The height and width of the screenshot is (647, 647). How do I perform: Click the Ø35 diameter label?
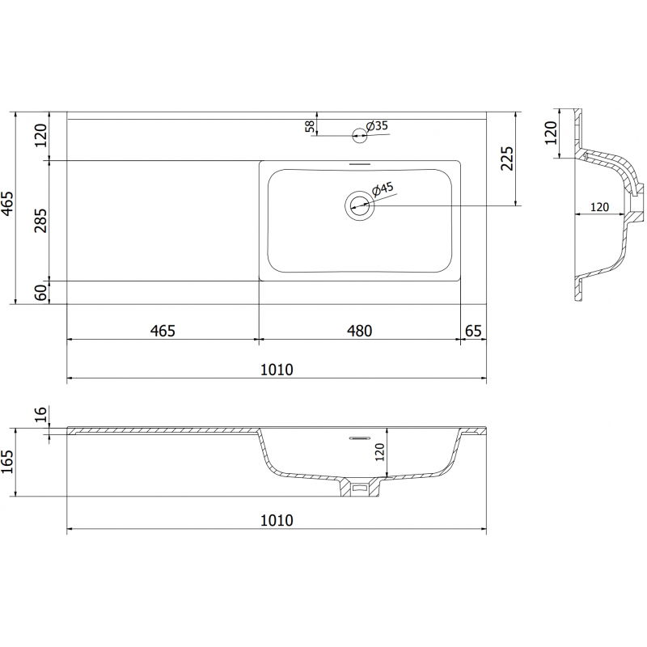coord(378,125)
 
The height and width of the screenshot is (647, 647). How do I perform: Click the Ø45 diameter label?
coord(382,188)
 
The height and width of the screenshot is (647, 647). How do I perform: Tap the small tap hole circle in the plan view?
coord(358,135)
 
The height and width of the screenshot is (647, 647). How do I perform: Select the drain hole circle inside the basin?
coord(359,205)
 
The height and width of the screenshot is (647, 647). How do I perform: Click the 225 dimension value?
coord(507,159)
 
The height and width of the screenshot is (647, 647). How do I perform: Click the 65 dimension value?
coord(474,330)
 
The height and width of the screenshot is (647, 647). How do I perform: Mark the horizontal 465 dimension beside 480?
coord(162,330)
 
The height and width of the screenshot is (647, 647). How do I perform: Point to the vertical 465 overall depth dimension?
coord(7,205)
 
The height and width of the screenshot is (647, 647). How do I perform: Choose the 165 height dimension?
coord(9,463)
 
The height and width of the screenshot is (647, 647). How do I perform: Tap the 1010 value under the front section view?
coord(276,520)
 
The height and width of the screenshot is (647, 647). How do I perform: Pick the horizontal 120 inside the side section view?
coord(598,207)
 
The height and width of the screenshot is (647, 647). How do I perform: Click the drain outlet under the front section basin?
coord(359,487)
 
